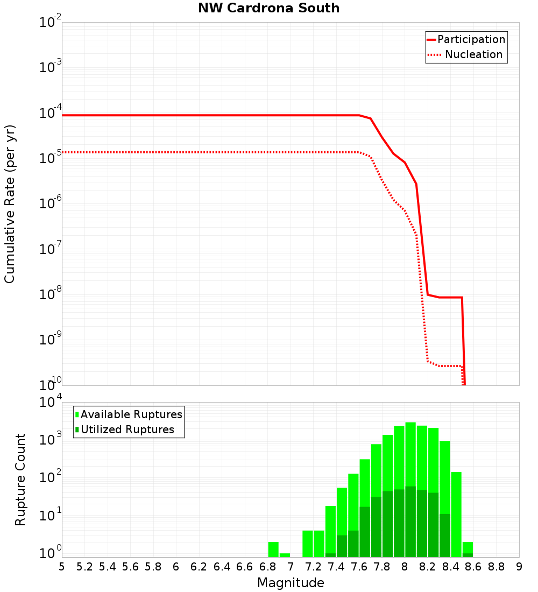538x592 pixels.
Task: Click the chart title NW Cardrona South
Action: [269, 8]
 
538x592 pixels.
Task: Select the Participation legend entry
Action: [471, 39]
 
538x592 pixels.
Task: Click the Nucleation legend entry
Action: [473, 54]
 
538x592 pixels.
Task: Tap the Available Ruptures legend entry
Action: [131, 414]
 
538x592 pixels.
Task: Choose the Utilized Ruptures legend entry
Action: [127, 429]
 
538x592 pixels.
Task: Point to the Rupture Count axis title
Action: [20, 480]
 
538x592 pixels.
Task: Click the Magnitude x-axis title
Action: [291, 583]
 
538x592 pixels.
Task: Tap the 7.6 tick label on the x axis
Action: [359, 567]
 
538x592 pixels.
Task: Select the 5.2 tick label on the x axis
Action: [84, 567]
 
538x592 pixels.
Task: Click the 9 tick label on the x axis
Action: [519, 567]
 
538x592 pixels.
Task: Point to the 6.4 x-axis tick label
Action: [222, 567]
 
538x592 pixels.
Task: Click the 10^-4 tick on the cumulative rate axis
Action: [50, 114]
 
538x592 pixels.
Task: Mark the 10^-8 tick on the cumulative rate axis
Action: [50, 295]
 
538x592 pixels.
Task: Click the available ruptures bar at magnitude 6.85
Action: [273, 549]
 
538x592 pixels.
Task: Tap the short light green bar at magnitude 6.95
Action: [285, 555]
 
